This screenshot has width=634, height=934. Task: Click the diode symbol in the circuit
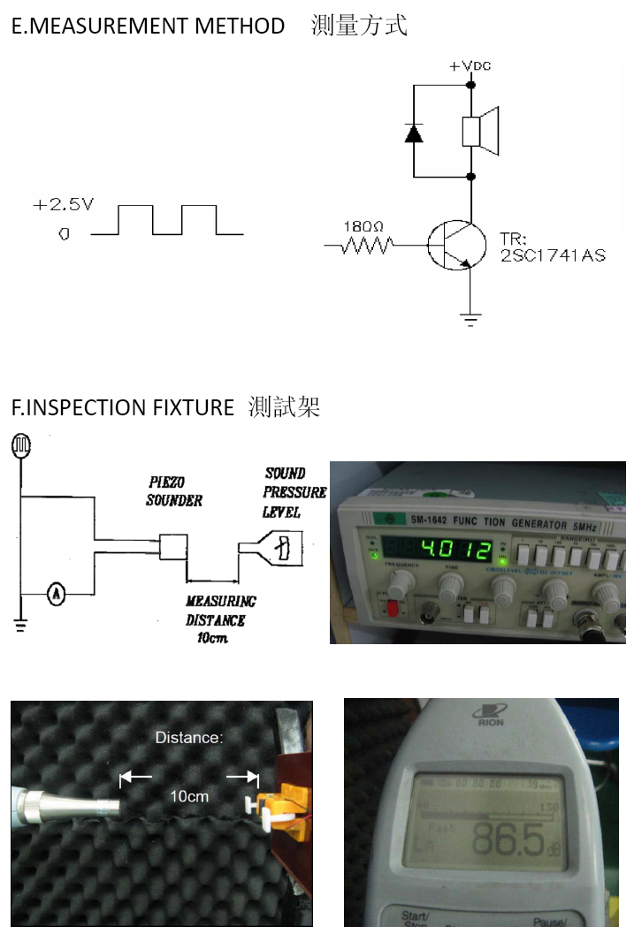coord(413,132)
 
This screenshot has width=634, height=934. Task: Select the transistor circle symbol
coord(456,245)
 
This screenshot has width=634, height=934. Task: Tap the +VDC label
coord(470,66)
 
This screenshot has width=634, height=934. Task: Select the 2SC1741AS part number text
coord(553,255)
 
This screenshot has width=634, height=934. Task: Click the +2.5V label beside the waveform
coord(63,205)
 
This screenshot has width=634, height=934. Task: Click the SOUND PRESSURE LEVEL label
coord(294,492)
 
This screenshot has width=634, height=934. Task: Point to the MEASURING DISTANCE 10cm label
coord(220,619)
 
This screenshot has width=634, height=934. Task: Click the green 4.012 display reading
coord(454,551)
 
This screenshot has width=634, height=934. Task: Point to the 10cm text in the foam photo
coord(189,796)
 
